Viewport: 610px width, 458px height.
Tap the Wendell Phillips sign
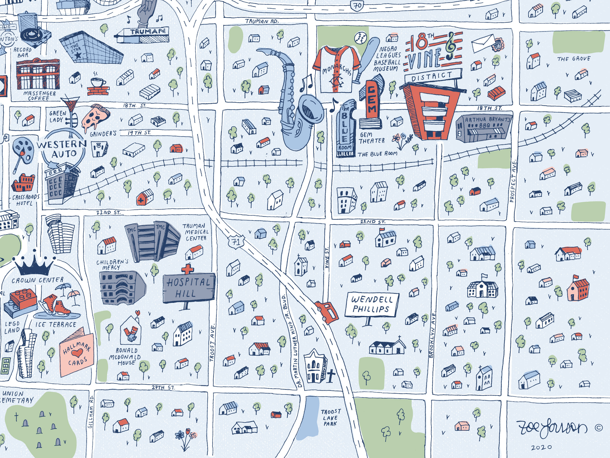[372, 305]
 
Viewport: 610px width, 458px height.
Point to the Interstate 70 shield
[358, 6]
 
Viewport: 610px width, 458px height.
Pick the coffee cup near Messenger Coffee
[98, 82]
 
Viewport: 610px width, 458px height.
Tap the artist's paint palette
[23, 151]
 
